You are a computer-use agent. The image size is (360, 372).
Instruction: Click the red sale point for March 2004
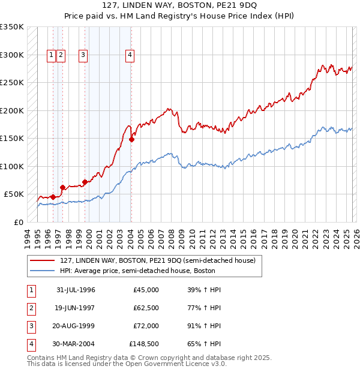click(x=131, y=140)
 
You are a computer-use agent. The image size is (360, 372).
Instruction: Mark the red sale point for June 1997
click(x=62, y=187)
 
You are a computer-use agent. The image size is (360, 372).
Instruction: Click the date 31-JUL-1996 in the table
click(x=76, y=290)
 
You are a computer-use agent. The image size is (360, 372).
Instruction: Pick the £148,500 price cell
click(x=144, y=344)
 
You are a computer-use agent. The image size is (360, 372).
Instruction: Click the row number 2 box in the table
click(x=31, y=308)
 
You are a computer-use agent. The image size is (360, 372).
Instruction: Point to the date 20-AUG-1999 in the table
click(x=76, y=326)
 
